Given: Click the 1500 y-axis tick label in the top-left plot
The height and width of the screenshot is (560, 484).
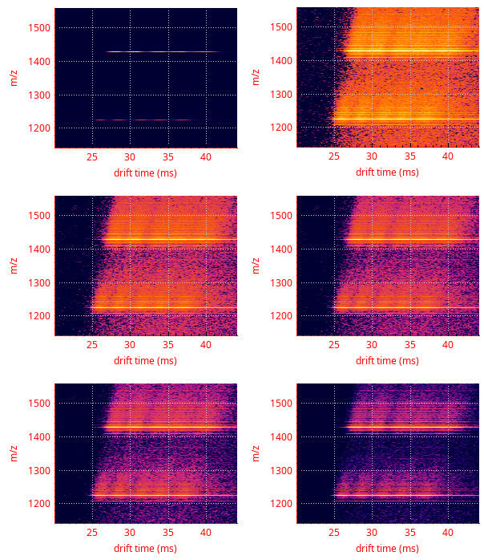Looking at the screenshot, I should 40,27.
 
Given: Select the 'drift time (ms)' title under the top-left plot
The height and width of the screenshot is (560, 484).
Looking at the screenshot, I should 145,172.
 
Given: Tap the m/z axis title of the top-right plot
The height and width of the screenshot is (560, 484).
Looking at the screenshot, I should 256,77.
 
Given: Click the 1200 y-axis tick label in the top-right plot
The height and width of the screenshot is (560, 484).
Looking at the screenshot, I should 282,128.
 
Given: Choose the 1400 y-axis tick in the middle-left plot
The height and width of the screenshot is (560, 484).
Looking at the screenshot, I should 40,250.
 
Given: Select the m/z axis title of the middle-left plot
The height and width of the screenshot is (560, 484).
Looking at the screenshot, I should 14,266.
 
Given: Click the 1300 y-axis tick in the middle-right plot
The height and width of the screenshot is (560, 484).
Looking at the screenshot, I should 282,282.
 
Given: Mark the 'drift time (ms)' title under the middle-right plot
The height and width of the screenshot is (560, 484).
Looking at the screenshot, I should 387,360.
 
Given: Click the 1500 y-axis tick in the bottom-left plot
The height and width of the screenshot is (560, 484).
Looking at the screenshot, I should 40,404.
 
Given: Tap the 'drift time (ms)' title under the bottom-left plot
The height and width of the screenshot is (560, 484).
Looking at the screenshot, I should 145,548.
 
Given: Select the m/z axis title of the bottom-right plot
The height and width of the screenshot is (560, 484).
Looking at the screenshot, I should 256,453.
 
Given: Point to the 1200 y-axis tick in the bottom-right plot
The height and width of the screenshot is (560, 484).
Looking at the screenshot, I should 282,504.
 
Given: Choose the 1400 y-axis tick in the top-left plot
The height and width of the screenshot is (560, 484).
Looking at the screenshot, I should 40,61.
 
